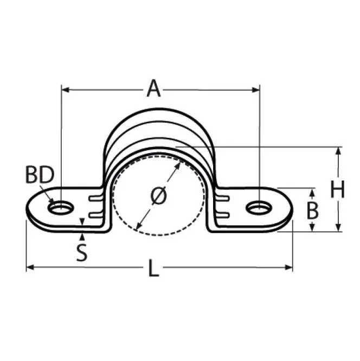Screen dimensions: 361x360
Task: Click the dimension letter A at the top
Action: click(x=155, y=88)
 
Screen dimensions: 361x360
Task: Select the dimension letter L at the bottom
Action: click(x=154, y=268)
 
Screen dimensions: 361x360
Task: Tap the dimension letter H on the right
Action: click(x=338, y=190)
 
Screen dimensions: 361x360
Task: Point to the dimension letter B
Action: click(x=313, y=211)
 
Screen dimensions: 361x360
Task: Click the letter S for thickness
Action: click(x=81, y=253)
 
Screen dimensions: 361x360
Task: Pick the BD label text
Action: click(x=40, y=175)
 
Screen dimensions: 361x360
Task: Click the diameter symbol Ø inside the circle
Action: click(x=158, y=196)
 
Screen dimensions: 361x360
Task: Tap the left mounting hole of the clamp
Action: click(x=61, y=207)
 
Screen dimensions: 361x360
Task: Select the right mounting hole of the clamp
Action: click(x=259, y=207)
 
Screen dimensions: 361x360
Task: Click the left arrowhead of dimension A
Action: click(x=64, y=88)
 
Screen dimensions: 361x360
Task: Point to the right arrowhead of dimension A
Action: click(x=256, y=88)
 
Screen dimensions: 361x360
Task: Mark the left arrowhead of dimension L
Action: click(x=29, y=267)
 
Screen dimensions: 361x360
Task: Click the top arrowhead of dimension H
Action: click(x=338, y=150)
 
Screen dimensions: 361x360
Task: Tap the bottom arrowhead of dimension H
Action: click(x=338, y=229)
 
